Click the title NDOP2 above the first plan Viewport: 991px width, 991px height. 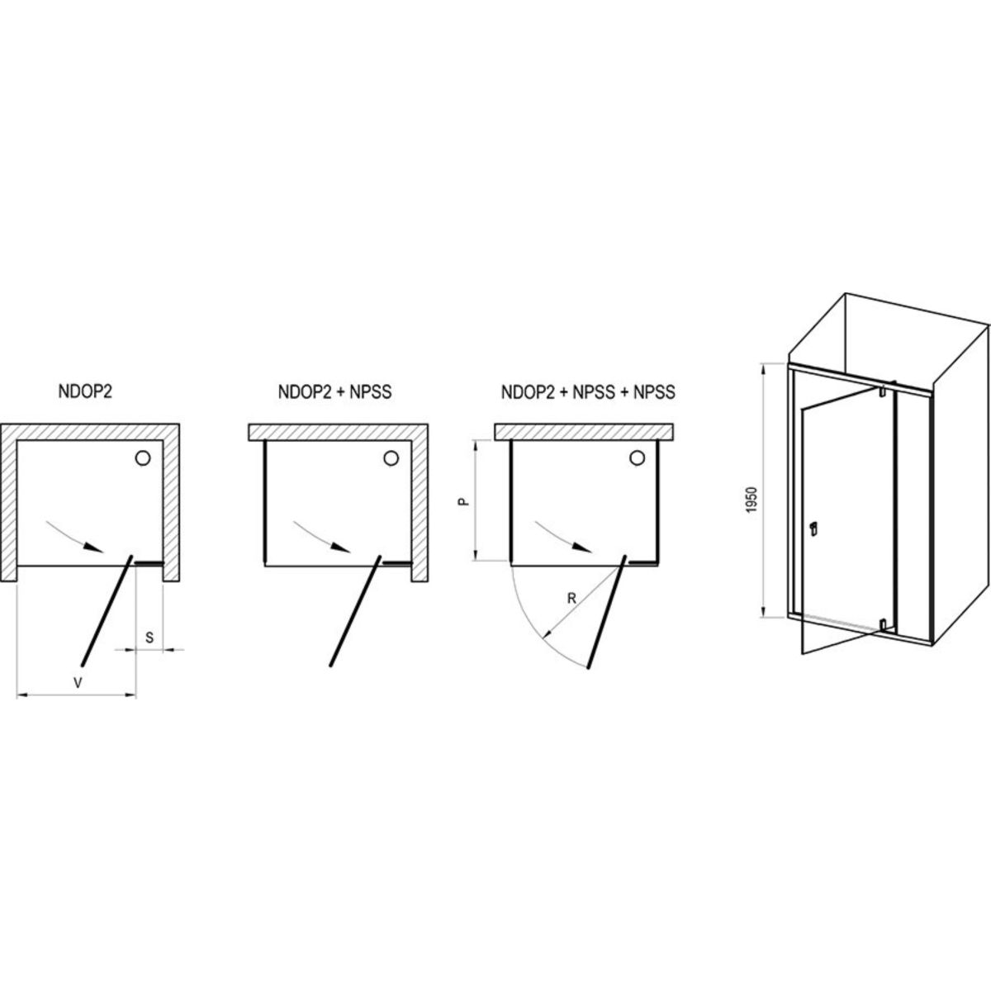point(85,391)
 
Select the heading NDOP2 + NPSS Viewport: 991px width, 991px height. point(334,392)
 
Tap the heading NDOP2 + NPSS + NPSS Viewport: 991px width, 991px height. point(588,392)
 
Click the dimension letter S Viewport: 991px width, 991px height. point(149,638)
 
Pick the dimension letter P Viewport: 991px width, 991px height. point(463,500)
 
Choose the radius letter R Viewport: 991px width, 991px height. point(571,598)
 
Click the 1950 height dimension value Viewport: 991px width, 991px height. point(752,500)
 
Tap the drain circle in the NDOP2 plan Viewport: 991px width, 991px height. point(142,458)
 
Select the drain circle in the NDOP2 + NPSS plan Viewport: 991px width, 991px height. point(391,458)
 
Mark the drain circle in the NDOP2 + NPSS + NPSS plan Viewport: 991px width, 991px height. point(638,458)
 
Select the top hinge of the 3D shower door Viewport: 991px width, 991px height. point(882,391)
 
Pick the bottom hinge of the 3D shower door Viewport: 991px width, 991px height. point(883,625)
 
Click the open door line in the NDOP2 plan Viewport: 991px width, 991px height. point(107,610)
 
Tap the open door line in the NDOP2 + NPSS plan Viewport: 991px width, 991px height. point(355,610)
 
